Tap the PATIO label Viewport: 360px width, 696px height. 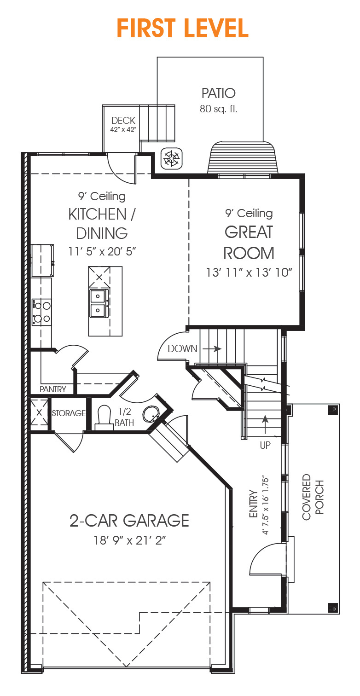218,93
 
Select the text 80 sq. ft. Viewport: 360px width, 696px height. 218,109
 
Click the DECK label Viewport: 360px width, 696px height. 123,121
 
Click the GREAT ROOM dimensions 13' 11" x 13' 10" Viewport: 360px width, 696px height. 249,273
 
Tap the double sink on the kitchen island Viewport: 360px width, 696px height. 99,303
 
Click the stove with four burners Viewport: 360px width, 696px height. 42,312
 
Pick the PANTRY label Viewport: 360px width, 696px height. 52,389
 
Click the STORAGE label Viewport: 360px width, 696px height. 69,413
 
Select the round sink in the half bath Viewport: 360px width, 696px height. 151,413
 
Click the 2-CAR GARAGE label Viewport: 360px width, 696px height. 129,521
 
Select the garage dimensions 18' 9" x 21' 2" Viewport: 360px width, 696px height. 129,540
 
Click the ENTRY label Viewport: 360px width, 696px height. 254,504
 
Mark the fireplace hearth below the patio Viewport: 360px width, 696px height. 243,159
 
